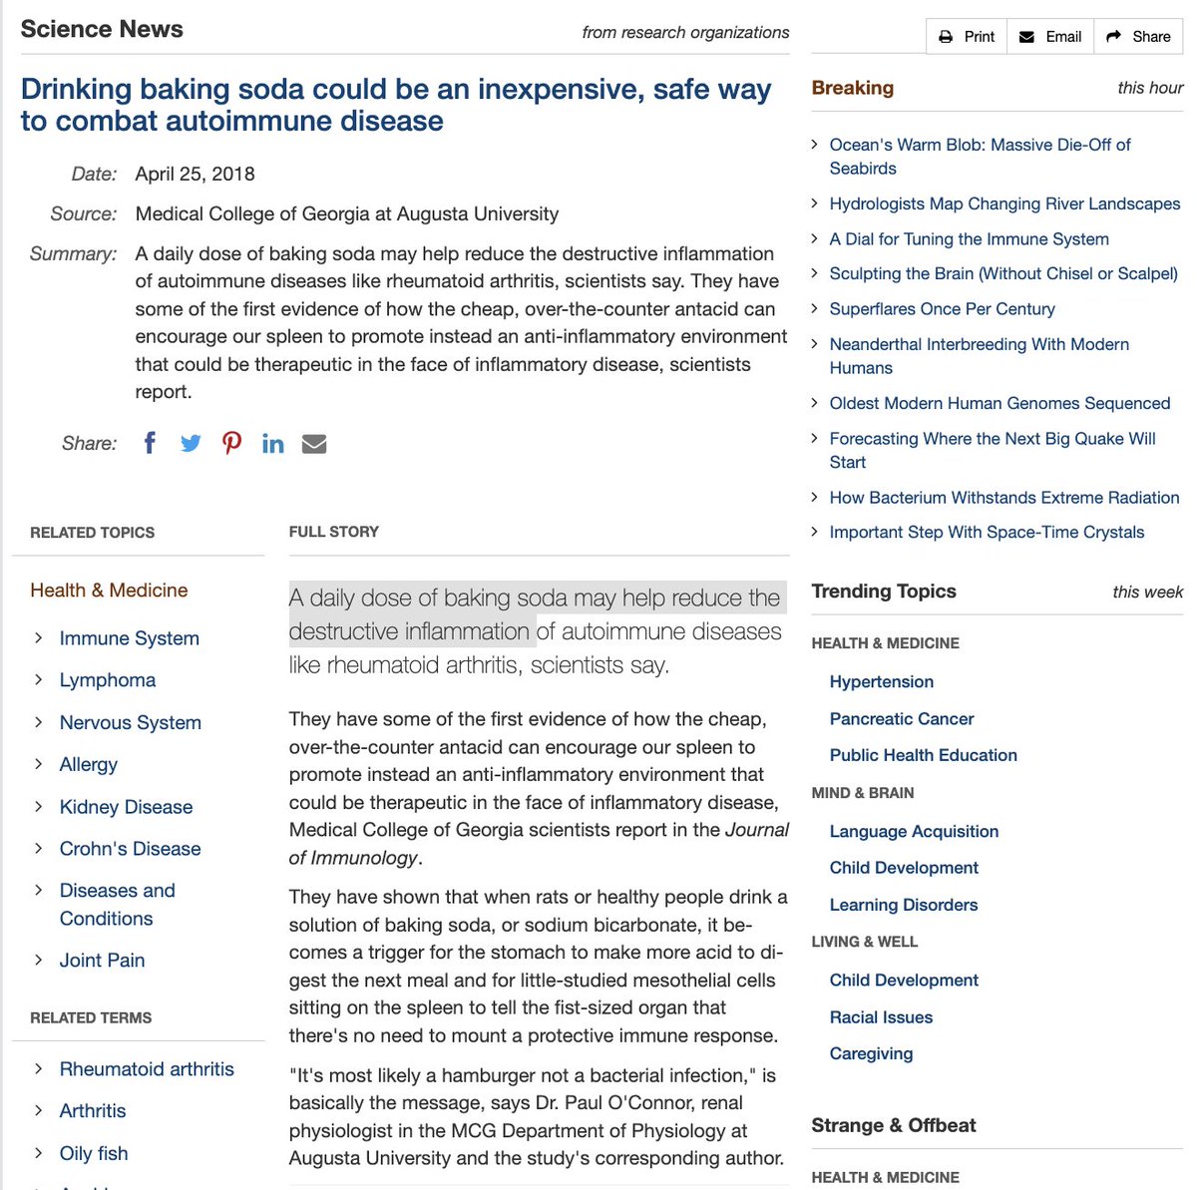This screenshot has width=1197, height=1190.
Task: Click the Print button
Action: pyautogui.click(x=967, y=37)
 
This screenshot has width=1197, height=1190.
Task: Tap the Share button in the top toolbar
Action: pyautogui.click(x=1138, y=37)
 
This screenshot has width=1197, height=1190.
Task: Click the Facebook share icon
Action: pyautogui.click(x=150, y=443)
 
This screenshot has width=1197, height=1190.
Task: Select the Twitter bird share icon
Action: pyautogui.click(x=191, y=443)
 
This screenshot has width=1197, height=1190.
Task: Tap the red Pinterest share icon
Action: pyautogui.click(x=231, y=443)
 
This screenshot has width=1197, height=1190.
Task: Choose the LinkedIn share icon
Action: pyautogui.click(x=272, y=444)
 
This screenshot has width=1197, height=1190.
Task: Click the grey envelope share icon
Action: pyautogui.click(x=314, y=444)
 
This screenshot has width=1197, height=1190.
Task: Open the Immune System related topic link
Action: pyautogui.click(x=129, y=638)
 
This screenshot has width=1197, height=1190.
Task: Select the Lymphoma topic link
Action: pyautogui.click(x=108, y=680)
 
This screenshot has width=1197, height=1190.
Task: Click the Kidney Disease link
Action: pyautogui.click(x=126, y=807)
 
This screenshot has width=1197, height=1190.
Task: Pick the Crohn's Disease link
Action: pyautogui.click(x=130, y=849)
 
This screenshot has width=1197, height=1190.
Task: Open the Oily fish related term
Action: pyautogui.click(x=94, y=1153)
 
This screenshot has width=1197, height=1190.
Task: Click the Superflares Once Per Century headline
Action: pyautogui.click(x=942, y=309)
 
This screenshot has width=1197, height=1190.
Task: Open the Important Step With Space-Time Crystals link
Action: pyautogui.click(x=987, y=533)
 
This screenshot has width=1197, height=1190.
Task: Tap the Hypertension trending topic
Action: pyautogui.click(x=882, y=682)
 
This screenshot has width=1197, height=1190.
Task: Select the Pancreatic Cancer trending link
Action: pyautogui.click(x=902, y=719)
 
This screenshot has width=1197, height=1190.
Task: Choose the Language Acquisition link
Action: pyautogui.click(x=914, y=832)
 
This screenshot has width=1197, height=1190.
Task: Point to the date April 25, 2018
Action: pyautogui.click(x=196, y=175)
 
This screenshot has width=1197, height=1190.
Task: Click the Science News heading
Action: pyautogui.click(x=102, y=29)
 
